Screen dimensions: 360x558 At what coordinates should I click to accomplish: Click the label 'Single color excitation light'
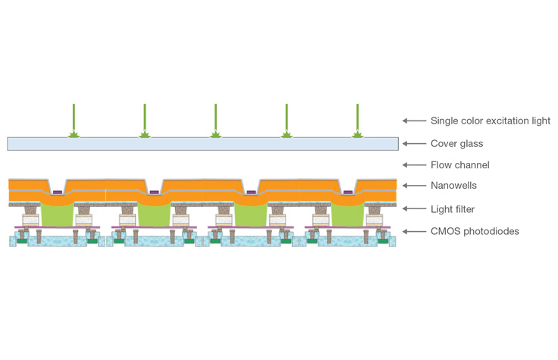490,121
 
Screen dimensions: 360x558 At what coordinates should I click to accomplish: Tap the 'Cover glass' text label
456,142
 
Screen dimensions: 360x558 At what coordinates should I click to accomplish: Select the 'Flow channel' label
459,164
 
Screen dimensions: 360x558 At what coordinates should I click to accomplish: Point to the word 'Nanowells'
455,186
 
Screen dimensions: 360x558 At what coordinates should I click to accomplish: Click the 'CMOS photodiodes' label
475,231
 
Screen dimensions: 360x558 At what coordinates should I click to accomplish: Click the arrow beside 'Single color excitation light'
412,121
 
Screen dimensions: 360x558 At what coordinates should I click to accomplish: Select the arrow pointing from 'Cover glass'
412,142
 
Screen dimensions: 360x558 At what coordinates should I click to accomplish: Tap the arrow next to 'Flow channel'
412,164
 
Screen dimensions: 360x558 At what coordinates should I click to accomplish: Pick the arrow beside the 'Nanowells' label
412,186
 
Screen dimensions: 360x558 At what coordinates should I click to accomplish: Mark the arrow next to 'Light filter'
412,208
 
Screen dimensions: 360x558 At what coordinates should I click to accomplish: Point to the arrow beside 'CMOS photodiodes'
412,231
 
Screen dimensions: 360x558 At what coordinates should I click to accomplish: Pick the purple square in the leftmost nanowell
58,193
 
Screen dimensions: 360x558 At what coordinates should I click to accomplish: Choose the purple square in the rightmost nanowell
347,193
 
